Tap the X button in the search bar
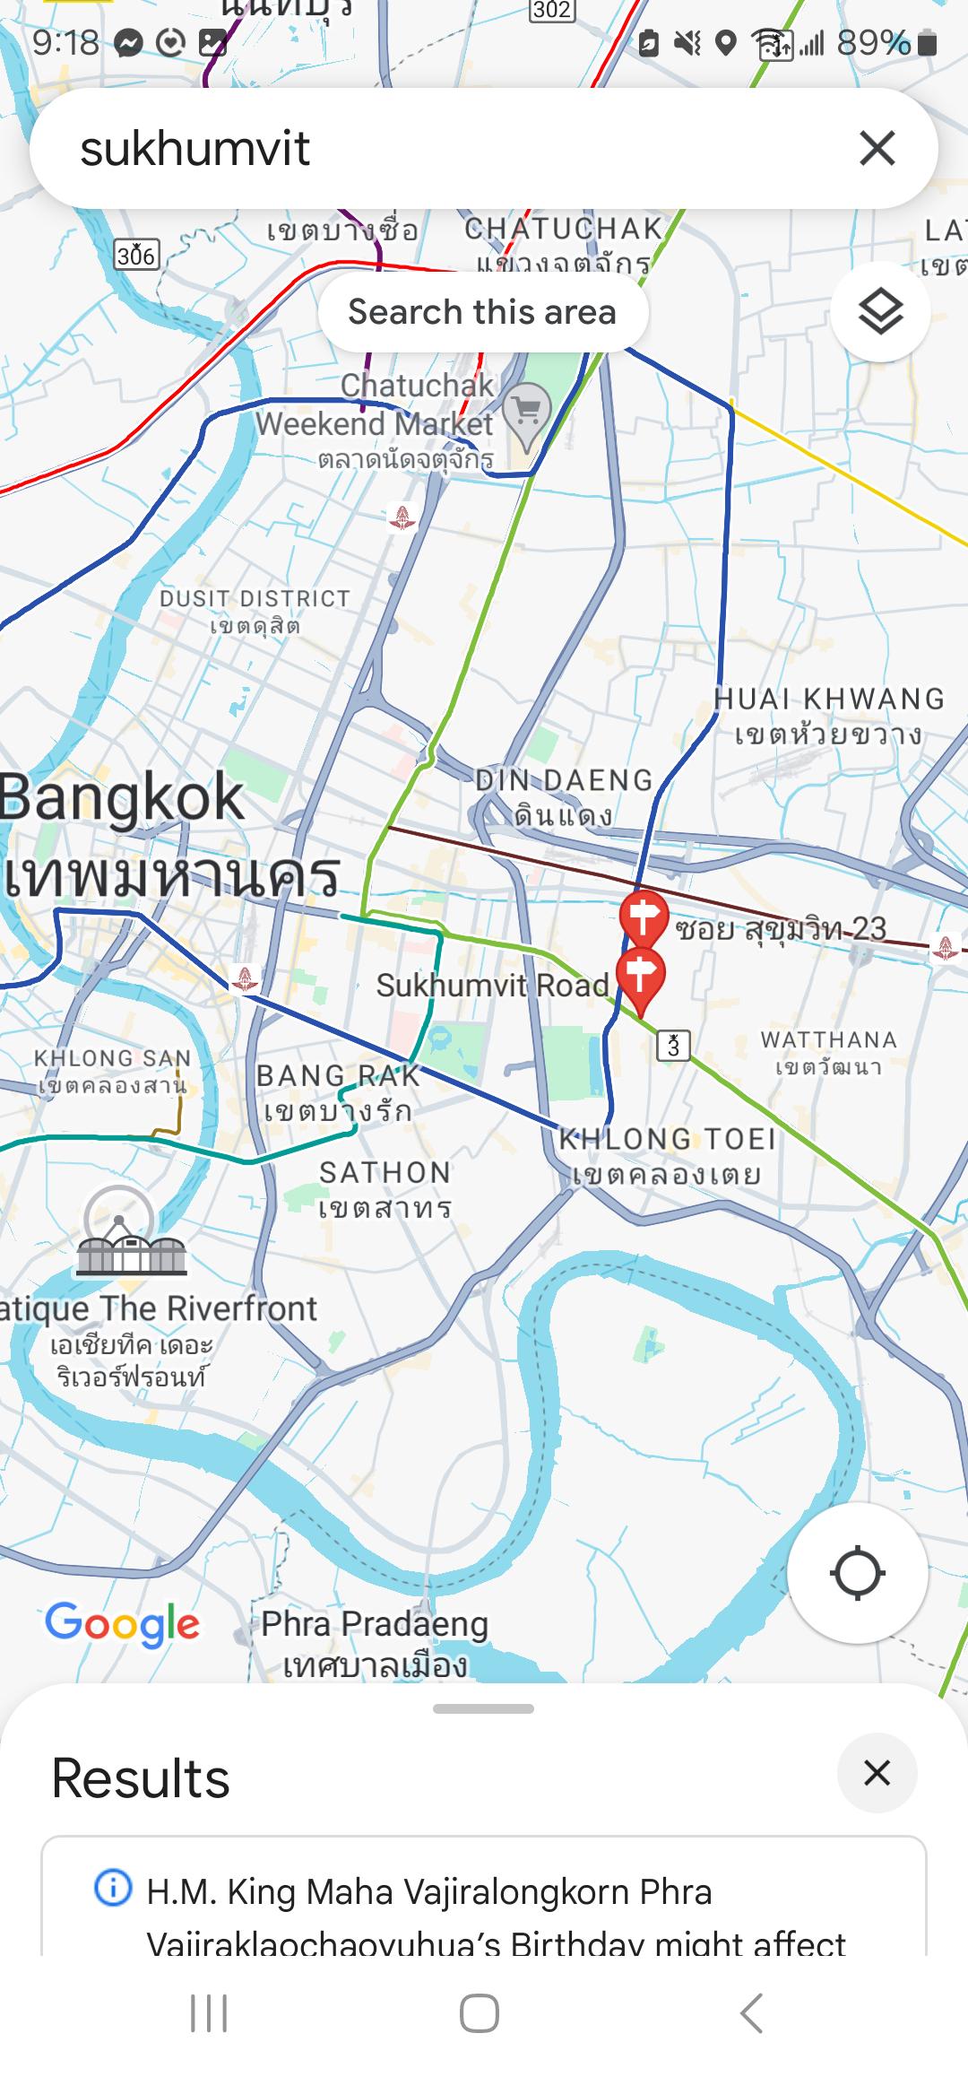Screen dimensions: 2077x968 tap(877, 148)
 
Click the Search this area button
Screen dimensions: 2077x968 tap(482, 312)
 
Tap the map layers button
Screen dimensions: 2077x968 tap(880, 312)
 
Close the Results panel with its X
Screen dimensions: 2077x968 tap(877, 1773)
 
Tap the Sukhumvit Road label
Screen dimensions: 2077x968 tap(492, 986)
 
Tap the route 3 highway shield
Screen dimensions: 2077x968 tap(673, 1045)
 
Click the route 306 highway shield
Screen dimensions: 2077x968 tap(137, 256)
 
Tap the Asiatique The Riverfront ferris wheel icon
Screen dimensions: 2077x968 tap(131, 1232)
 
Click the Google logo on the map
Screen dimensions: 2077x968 tap(123, 1624)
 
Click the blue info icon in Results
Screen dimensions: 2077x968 tap(113, 1888)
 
